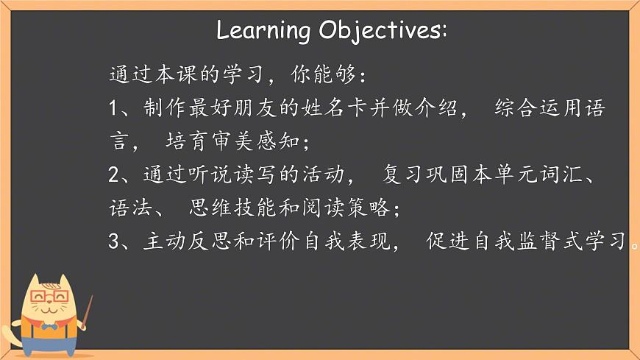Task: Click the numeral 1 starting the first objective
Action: click(113, 108)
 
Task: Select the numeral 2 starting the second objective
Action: click(113, 174)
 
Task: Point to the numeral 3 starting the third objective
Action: click(113, 241)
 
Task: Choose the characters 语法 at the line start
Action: click(130, 208)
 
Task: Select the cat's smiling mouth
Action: click(50, 310)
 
